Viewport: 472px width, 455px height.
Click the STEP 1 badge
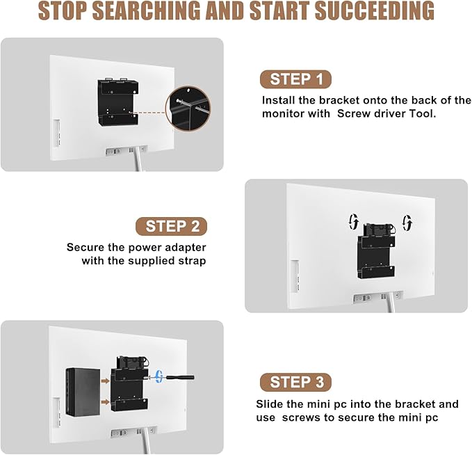[x=295, y=79]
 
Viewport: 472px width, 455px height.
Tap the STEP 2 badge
[x=171, y=226]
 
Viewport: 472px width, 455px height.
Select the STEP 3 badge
[x=295, y=382]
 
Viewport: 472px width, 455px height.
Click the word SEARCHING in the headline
[x=146, y=10]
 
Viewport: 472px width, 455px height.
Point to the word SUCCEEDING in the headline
[x=374, y=10]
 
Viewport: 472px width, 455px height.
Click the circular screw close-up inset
[x=188, y=108]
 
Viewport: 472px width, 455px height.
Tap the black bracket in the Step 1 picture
[x=118, y=103]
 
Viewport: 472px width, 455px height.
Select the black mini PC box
[x=83, y=392]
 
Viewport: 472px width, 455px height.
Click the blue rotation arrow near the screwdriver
[x=158, y=376]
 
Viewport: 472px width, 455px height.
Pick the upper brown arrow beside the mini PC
[x=105, y=381]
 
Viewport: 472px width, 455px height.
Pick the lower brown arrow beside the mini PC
[x=105, y=402]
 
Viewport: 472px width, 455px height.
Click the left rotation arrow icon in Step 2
[x=353, y=222]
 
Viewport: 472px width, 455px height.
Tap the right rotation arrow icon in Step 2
[x=407, y=223]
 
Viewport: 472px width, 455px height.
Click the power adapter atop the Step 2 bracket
[x=378, y=230]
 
